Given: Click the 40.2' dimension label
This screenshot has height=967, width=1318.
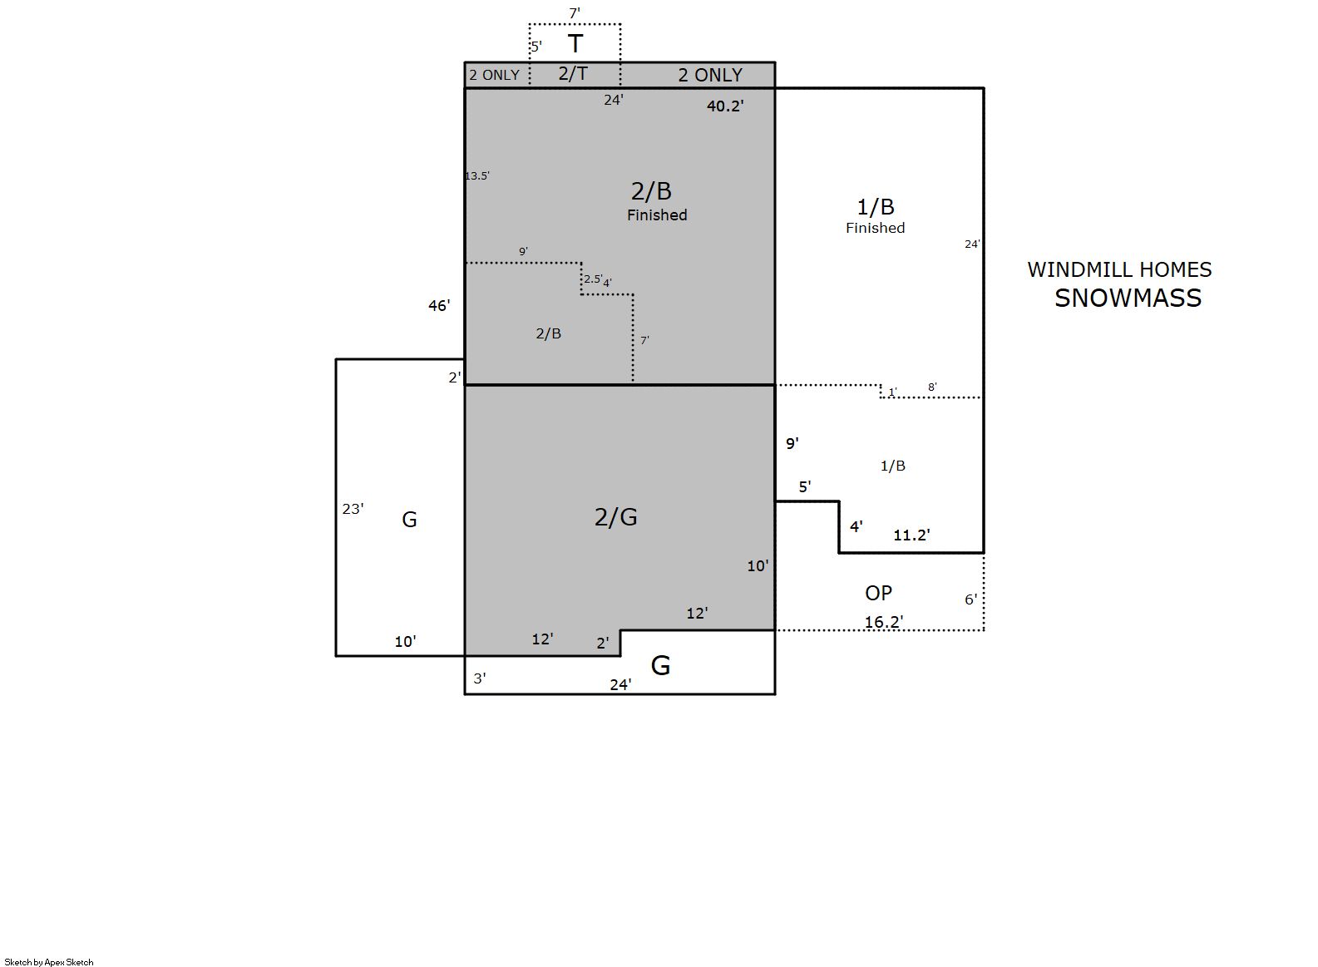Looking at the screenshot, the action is pos(725,106).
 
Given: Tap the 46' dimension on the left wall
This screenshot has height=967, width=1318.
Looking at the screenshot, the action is pos(439,306).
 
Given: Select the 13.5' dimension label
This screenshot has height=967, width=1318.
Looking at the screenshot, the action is pos(477,176).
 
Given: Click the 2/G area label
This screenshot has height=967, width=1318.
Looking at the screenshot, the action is pos(615,517).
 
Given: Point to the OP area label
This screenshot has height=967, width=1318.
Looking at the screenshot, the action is pos(878,593).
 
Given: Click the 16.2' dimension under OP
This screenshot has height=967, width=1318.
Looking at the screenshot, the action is pos(884,622).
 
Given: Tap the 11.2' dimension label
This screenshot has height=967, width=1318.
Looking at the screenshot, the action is pos(911,535).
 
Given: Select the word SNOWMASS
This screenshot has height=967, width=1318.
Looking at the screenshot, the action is pos(1128,298).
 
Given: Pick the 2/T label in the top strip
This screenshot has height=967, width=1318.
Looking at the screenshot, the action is pos(573,73).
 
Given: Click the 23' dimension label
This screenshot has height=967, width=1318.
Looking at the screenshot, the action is pos(353,509).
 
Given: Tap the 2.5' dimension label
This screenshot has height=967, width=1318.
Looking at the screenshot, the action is pos(593,279).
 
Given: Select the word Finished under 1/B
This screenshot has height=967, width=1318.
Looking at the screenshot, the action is pos(876,228).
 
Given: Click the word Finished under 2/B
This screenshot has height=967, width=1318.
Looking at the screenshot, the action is pos(657,215).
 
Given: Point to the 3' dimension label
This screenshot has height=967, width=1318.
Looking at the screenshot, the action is pos(480,678).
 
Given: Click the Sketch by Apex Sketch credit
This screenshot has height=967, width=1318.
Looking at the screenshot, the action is pos(49,962).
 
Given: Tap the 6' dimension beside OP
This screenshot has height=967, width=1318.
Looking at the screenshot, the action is pos(971,599).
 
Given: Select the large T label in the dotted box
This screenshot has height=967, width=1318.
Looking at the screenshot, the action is pos(575,44).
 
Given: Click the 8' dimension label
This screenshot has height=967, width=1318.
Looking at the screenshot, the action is pos(932,387).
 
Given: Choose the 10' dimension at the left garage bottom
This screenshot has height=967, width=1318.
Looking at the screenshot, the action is pos(406,642).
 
